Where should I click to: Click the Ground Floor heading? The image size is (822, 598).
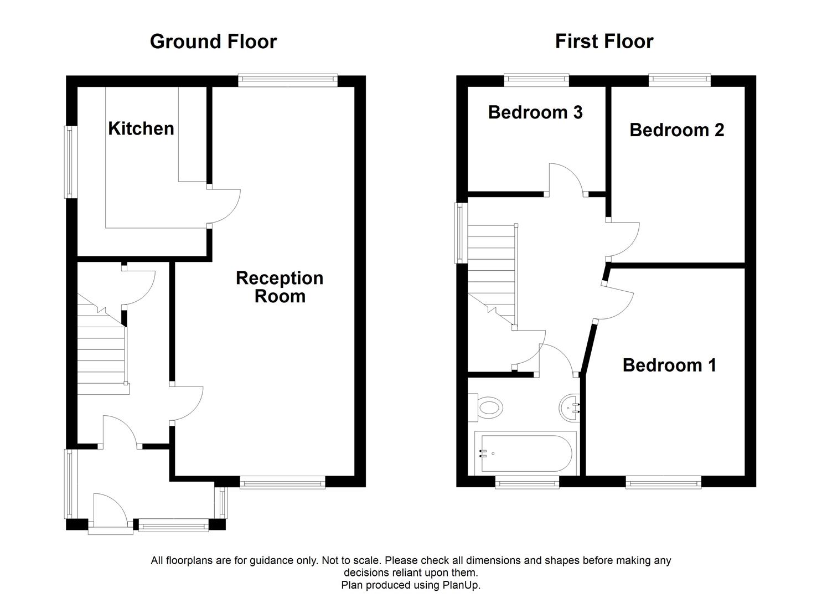point(213,42)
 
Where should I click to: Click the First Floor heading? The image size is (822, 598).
point(604,42)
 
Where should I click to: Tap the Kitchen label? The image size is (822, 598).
point(141,128)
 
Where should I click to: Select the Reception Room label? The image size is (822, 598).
point(280,287)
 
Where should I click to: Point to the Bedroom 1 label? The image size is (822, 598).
point(669,365)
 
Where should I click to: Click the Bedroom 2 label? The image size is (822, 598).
point(676,130)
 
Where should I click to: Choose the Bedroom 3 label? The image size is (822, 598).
point(535,112)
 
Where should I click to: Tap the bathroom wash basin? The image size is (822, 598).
point(570,409)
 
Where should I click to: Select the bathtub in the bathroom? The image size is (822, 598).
point(524,454)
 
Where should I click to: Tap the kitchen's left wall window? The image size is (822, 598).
point(70,162)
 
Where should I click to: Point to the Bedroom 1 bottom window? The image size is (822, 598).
point(663,483)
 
